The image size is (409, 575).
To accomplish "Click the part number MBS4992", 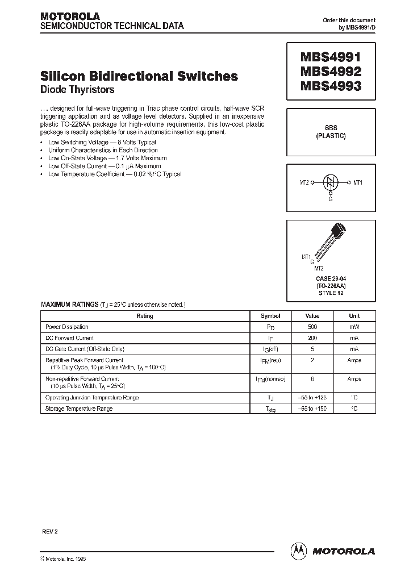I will tap(326, 73).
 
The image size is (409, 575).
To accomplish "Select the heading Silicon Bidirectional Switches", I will tap(139, 76).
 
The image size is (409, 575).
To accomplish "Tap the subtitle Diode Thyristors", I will tap(77, 89).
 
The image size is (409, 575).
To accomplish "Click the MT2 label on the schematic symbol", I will tap(304, 182).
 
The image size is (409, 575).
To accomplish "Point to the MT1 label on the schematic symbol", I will tap(358, 182).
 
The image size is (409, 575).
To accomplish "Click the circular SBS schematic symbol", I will tap(331, 182).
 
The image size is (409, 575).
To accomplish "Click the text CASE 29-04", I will tap(331, 278).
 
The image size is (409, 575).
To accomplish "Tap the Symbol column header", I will tap(270, 316).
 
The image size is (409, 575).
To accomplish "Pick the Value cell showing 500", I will tap(311, 327).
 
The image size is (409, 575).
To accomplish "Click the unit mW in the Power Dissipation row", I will tap(354, 327).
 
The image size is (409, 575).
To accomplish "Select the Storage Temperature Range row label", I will tap(79, 409).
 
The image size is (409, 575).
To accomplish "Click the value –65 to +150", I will tap(311, 409).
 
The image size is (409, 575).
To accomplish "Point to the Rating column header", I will tap(145, 316).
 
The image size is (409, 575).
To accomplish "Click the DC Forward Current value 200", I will tap(311, 338).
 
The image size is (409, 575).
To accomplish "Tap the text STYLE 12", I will tap(331, 293).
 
